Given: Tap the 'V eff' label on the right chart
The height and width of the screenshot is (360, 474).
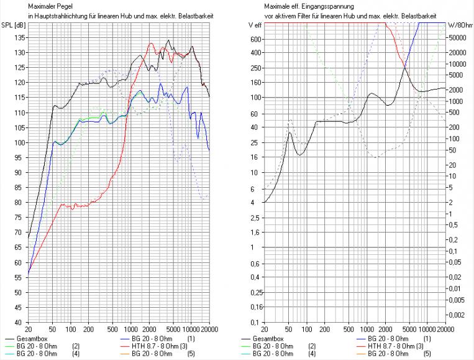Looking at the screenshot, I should click(255, 25).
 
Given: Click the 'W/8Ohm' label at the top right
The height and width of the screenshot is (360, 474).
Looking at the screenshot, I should click(460, 25).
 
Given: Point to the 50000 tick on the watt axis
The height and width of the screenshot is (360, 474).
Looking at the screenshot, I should click(458, 37).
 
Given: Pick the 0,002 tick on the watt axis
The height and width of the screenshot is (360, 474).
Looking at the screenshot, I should click(457, 315).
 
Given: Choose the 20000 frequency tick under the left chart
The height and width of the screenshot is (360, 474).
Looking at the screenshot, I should click(209, 331).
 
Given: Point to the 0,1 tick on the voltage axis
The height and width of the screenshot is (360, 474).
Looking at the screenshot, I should click(255, 323).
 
